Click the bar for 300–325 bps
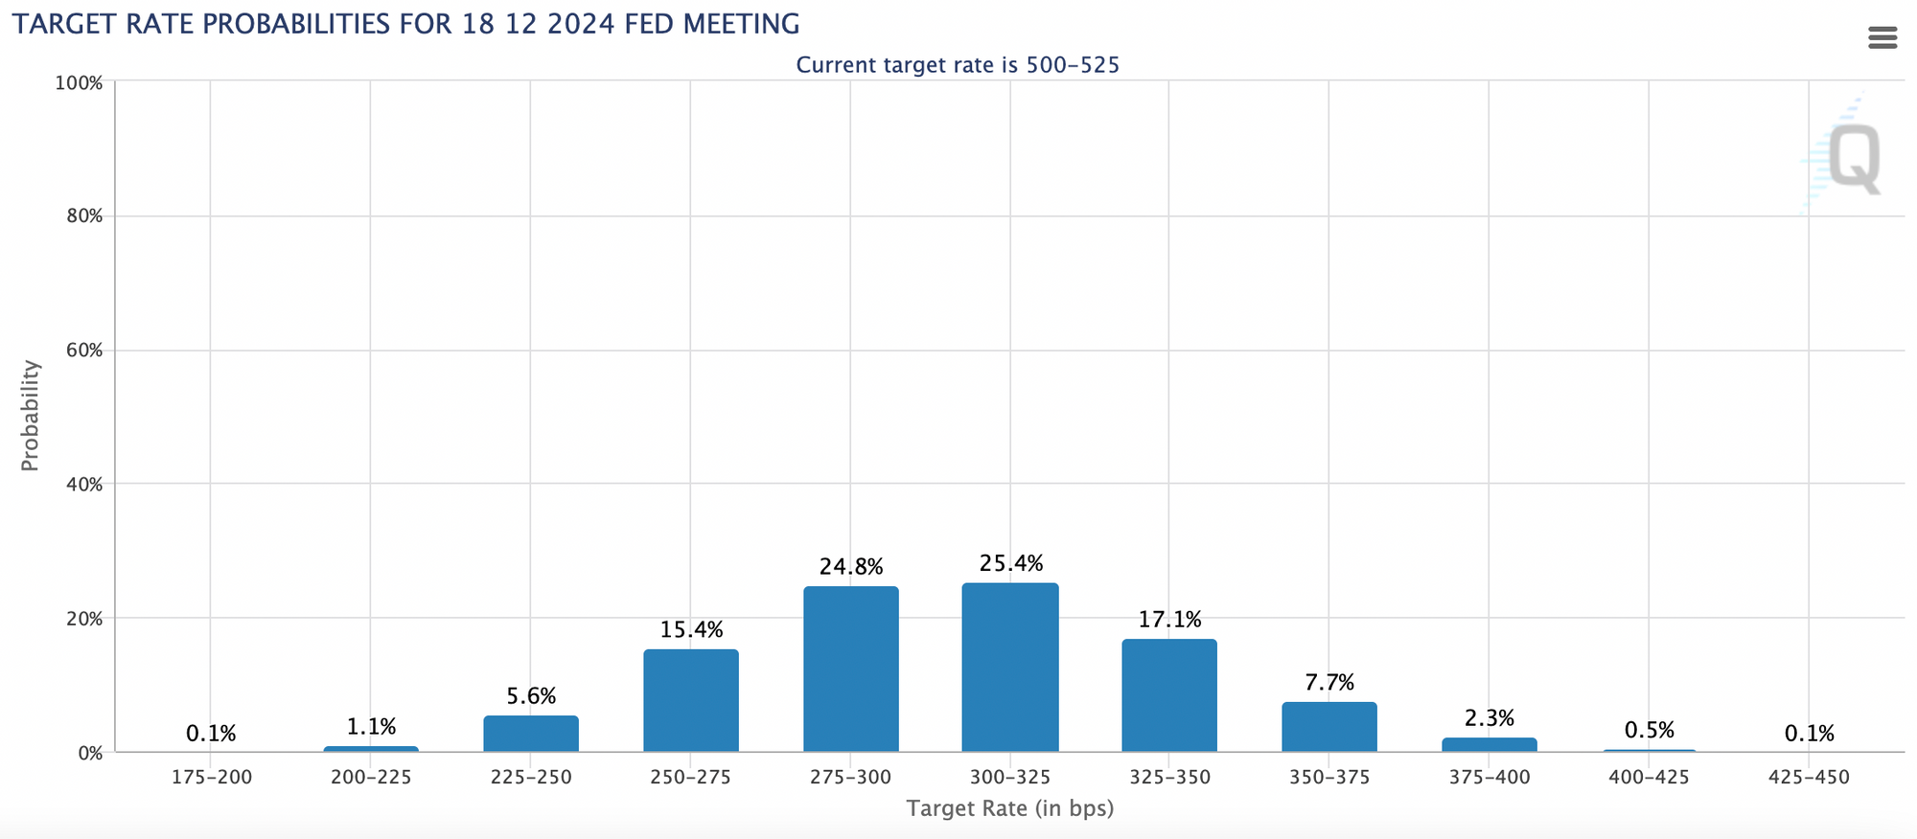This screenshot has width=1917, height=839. pos(1010,668)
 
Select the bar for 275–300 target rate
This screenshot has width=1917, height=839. pos(851,669)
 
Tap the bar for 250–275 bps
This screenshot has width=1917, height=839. pos(691,700)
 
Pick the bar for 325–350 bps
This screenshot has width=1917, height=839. pos(1169,695)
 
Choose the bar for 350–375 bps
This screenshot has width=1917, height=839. pos(1329,727)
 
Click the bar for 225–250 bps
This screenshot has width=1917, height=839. pos(531,734)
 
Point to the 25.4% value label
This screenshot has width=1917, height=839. pos(1011,564)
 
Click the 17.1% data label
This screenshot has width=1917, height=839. pos(1169,621)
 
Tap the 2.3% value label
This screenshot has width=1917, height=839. pos(1490,718)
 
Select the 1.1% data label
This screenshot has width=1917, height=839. pos(371,728)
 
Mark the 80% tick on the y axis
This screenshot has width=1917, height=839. pos(84,216)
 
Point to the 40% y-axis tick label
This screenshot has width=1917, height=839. pos(84,485)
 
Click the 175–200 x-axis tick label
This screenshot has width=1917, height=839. pos(212,778)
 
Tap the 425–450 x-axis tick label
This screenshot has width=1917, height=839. pos(1809,778)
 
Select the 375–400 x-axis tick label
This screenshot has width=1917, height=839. pos(1490,778)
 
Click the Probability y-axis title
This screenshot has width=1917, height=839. pos(31,416)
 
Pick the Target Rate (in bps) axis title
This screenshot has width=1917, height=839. pos(1010,809)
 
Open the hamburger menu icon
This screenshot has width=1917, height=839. pos(1882,38)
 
